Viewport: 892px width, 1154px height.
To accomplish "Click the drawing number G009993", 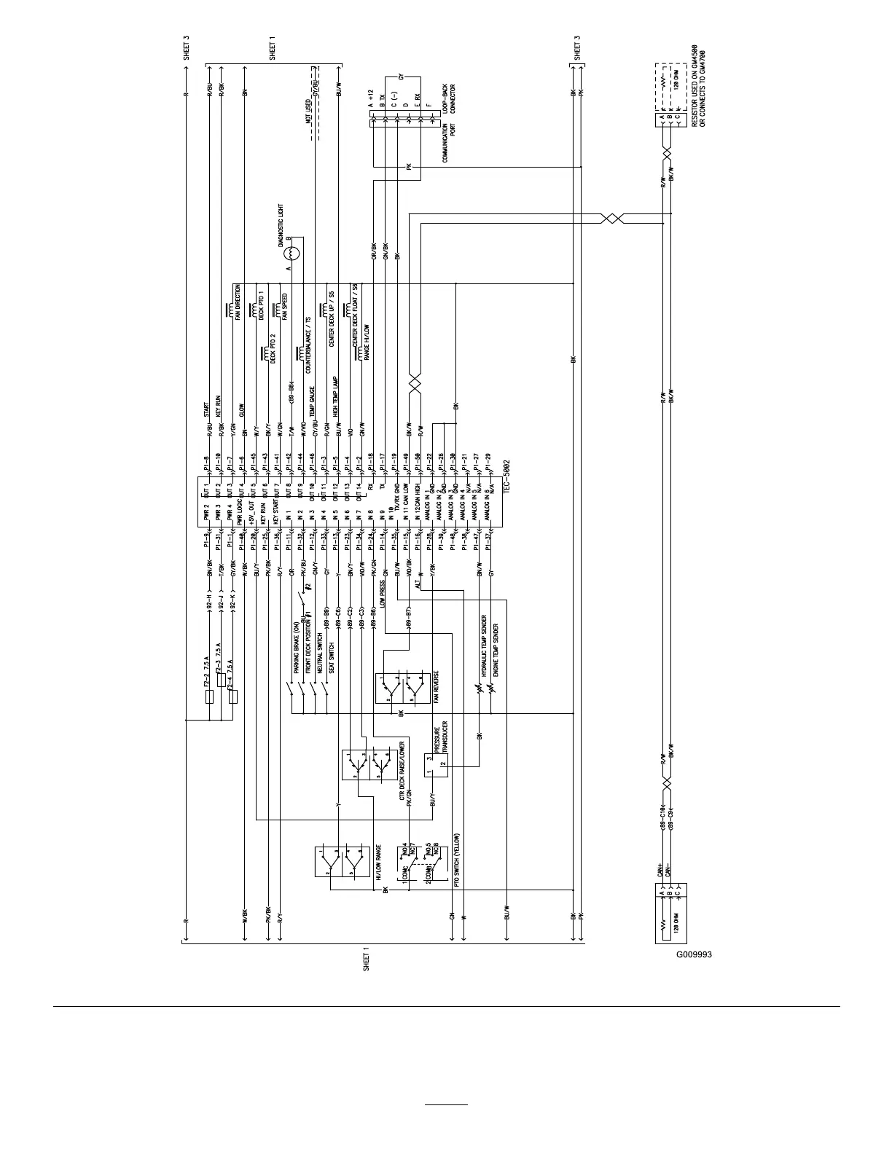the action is pyautogui.click(x=693, y=954).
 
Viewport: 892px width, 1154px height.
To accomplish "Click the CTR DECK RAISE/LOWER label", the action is pyautogui.click(x=402, y=772).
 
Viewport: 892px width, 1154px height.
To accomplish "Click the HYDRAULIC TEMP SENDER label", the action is pyautogui.click(x=485, y=648).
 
